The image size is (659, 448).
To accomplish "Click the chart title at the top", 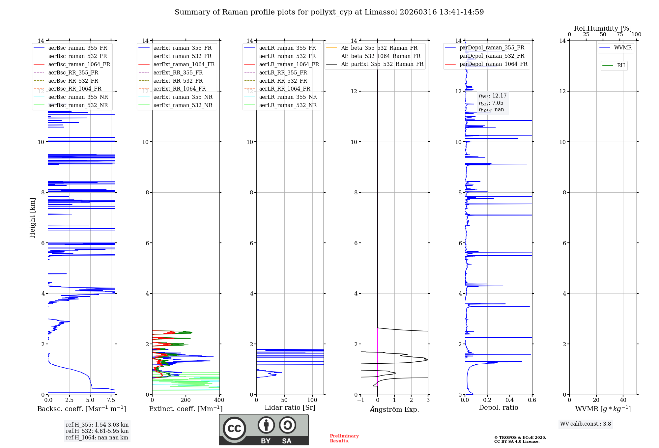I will point(329,12).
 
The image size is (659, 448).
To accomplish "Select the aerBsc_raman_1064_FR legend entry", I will point(79,64).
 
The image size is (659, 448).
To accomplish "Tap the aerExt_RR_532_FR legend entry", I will point(178,81).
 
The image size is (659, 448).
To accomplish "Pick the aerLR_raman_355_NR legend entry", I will point(288,97).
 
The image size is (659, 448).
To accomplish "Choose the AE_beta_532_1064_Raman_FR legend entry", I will point(381,56).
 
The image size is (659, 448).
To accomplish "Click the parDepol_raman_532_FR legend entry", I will point(492,56).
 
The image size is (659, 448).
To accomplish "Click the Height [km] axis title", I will point(32,217).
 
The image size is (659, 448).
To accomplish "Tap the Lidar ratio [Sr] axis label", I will point(290,407).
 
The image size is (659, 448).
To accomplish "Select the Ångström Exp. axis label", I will point(394,409).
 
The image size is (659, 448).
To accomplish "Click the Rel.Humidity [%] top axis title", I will point(603,28).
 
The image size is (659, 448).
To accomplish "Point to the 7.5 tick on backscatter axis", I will point(111,400).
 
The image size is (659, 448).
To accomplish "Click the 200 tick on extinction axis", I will point(186,400).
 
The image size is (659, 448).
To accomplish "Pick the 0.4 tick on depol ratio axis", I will point(510,400).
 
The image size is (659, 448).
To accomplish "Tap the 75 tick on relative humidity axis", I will point(619,35).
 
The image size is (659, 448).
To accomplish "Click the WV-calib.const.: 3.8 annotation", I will point(586,424).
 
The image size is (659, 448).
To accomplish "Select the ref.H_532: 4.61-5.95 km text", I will point(97,431).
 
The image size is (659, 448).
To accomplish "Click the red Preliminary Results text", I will point(344,438).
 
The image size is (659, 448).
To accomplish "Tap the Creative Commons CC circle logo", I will point(234,428).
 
